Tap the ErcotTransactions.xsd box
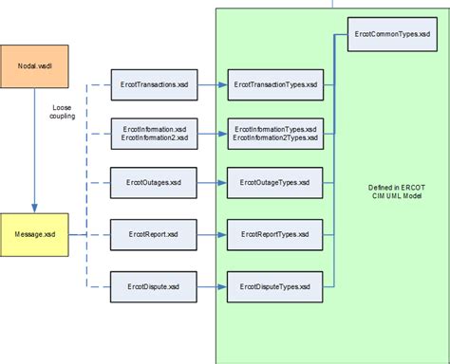pos(155,85)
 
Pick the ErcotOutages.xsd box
pos(155,181)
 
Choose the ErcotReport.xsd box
pos(155,231)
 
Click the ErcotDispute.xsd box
pos(155,283)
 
